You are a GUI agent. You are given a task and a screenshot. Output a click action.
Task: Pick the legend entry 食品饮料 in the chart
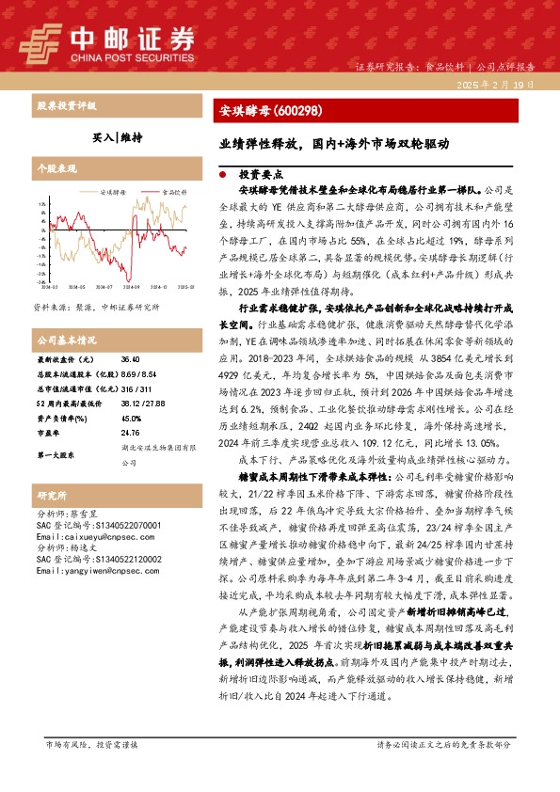[173, 192]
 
